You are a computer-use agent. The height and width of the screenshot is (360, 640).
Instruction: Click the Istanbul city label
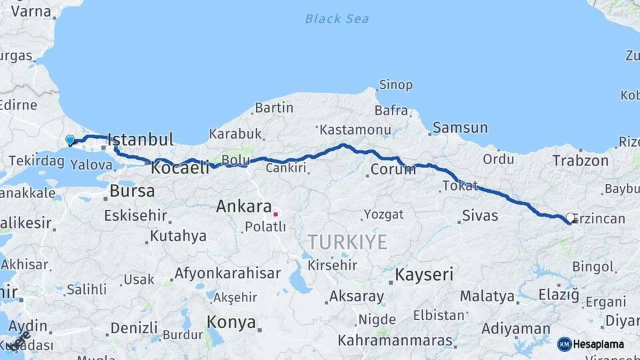141,140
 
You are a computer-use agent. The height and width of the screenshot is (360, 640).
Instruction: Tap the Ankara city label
243,207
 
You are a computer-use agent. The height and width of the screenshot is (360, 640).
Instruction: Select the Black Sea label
337,19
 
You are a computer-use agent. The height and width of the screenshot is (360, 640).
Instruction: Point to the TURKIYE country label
347,241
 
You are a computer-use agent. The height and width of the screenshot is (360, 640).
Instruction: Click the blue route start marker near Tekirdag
70,140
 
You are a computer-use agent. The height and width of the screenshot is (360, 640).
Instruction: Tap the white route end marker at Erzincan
570,217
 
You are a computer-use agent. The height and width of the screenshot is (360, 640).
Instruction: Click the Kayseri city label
424,274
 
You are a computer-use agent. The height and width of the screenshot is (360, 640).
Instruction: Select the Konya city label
231,323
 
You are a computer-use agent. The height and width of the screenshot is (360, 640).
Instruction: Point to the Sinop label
396,85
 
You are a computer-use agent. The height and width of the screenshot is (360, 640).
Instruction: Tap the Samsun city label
460,127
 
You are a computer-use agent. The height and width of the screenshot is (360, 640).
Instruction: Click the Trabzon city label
580,161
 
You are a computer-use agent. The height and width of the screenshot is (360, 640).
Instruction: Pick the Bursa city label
132,191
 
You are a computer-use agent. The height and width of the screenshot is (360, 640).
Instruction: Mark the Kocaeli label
181,168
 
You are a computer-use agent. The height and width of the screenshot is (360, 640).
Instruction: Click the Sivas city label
480,216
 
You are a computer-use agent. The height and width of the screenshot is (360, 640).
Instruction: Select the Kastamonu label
355,129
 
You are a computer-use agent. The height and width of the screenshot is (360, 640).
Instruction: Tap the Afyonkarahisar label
227,273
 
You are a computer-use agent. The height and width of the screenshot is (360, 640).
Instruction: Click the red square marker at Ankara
276,214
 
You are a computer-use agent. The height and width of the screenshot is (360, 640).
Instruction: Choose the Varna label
31,11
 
